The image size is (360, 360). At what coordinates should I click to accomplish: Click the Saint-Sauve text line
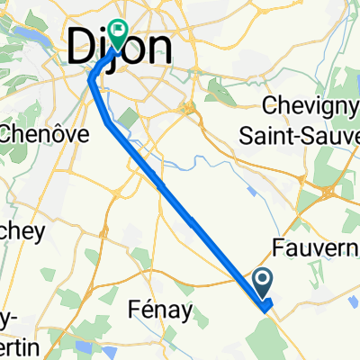310,133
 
